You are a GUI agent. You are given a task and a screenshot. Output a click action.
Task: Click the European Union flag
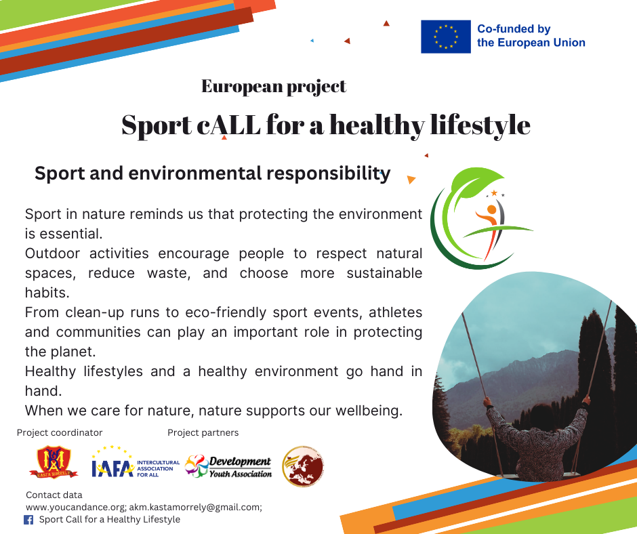[x=446, y=37]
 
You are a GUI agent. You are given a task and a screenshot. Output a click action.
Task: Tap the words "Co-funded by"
[x=514, y=29]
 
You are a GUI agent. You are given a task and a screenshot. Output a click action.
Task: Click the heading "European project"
[x=274, y=86]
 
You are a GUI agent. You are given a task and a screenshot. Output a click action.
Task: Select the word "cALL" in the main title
[x=229, y=125]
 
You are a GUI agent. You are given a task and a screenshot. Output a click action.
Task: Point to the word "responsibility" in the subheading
[x=329, y=173]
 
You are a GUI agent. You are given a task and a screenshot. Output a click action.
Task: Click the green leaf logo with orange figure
[x=481, y=218]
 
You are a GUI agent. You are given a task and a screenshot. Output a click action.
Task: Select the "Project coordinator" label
[x=60, y=432]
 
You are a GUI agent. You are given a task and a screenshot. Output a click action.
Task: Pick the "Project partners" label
[x=203, y=432]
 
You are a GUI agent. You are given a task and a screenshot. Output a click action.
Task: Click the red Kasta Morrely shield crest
[x=54, y=462]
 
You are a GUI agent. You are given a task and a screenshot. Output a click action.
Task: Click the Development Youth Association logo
[x=228, y=466]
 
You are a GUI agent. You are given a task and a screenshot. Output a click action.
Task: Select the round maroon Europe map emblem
[x=303, y=466]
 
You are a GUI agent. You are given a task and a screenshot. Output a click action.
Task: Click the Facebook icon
[x=28, y=520]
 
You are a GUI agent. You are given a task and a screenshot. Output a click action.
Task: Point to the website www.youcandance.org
[x=76, y=507]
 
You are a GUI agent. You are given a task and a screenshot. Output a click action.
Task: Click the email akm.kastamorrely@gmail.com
[x=194, y=507]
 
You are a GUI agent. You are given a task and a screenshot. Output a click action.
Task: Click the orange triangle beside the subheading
[x=411, y=179]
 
